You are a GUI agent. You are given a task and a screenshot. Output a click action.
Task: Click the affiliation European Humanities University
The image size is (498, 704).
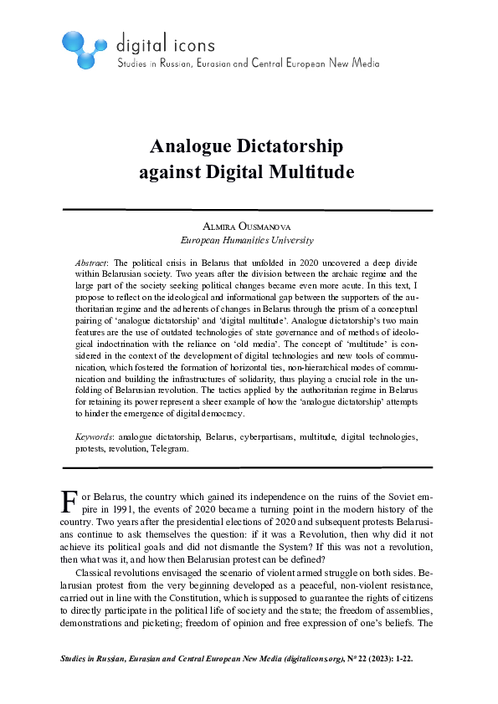pyautogui.click(x=248, y=240)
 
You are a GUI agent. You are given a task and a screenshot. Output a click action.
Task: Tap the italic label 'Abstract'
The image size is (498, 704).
pyautogui.click(x=91, y=262)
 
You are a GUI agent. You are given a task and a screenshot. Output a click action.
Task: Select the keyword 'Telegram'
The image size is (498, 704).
pyautogui.click(x=170, y=447)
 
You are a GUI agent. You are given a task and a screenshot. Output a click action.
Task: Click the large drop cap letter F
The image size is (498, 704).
pyautogui.click(x=70, y=500)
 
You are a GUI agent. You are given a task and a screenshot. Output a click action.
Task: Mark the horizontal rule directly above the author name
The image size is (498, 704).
pyautogui.click(x=248, y=210)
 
